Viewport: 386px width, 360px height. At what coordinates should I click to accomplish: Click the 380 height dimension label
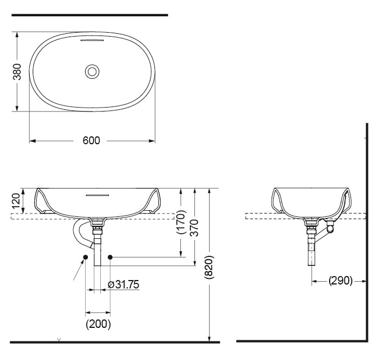(17, 72)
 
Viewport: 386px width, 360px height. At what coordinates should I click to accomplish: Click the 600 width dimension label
(91, 141)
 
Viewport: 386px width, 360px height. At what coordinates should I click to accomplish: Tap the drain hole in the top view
(92, 71)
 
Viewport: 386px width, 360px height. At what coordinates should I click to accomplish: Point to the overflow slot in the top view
(92, 42)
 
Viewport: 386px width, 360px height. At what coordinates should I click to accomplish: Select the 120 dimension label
(16, 201)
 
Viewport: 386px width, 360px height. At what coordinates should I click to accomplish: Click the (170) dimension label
(180, 222)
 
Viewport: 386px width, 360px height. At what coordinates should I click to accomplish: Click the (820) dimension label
(210, 265)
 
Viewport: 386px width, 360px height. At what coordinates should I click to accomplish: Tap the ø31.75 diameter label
(123, 285)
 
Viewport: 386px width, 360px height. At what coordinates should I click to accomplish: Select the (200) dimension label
(98, 324)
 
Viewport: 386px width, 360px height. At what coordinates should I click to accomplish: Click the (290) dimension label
(340, 280)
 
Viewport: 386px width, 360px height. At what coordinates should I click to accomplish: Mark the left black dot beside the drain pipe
(85, 257)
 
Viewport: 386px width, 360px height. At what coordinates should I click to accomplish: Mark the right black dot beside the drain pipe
(110, 257)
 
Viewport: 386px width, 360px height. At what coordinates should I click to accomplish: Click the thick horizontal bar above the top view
(90, 15)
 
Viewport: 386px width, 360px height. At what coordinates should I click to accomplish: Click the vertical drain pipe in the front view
(99, 248)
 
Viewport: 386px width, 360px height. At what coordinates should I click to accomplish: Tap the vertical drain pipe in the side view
(310, 248)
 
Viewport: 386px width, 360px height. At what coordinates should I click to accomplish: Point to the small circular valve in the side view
(331, 230)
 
